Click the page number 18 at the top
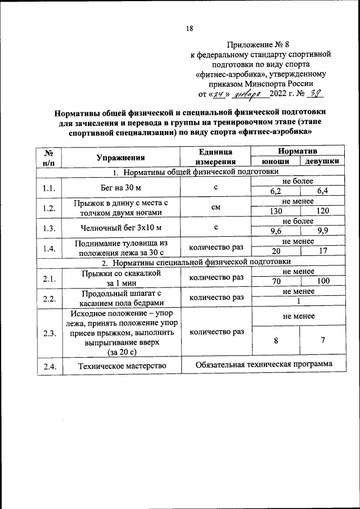tap(190, 29)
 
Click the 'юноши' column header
tap(276, 162)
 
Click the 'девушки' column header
tap(322, 162)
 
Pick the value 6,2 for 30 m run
tap(276, 192)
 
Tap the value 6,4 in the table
tap(322, 192)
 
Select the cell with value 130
tap(276, 211)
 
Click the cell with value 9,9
tap(322, 231)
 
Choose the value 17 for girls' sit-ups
tap(322, 251)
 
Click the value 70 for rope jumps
tap(276, 281)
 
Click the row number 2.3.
tap(49, 333)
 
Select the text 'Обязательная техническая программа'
tap(264, 364)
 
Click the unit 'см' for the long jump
tap(215, 207)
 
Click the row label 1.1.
tap(49, 187)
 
